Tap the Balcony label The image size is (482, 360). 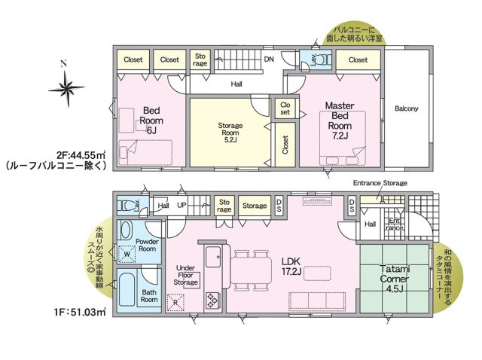tap(407, 108)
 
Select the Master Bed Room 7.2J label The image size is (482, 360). tap(340, 121)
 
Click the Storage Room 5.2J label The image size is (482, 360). tap(230, 133)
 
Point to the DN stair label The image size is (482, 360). tap(269, 59)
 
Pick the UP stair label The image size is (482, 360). tap(182, 205)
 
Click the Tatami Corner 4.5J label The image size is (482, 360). tap(395, 279)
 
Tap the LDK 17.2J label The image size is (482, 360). tap(291, 266)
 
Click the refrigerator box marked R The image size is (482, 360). tap(175, 303)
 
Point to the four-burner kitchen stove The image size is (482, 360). tap(212, 301)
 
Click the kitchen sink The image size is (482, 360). tap(212, 257)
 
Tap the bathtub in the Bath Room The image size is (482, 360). tap(127, 290)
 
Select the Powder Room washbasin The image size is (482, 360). tap(125, 230)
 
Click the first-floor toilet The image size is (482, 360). tap(127, 206)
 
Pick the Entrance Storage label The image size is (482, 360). tap(380, 183)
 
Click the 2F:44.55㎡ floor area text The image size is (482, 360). tap(81, 154)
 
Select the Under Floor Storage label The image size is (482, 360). tap(186, 275)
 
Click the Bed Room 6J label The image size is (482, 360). tap(151, 121)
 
